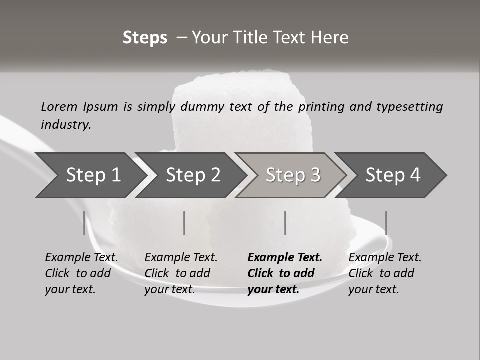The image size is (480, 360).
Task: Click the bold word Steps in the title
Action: click(x=145, y=38)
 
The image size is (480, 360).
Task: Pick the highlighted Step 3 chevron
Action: click(x=293, y=175)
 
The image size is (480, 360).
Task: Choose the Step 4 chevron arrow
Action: click(x=393, y=175)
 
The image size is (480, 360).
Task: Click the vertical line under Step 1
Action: click(x=84, y=223)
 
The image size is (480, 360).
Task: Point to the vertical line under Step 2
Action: click(x=184, y=223)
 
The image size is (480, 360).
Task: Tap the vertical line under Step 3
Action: click(x=285, y=223)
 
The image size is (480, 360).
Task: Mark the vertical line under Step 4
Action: click(x=386, y=223)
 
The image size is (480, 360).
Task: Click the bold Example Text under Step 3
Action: click(x=285, y=258)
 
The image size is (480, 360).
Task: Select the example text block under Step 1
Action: click(x=81, y=273)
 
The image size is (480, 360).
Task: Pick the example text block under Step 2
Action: click(x=181, y=273)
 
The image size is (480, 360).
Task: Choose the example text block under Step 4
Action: click(x=385, y=273)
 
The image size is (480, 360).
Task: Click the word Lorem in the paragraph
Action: click(x=59, y=107)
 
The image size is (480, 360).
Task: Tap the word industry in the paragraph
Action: click(x=66, y=124)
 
